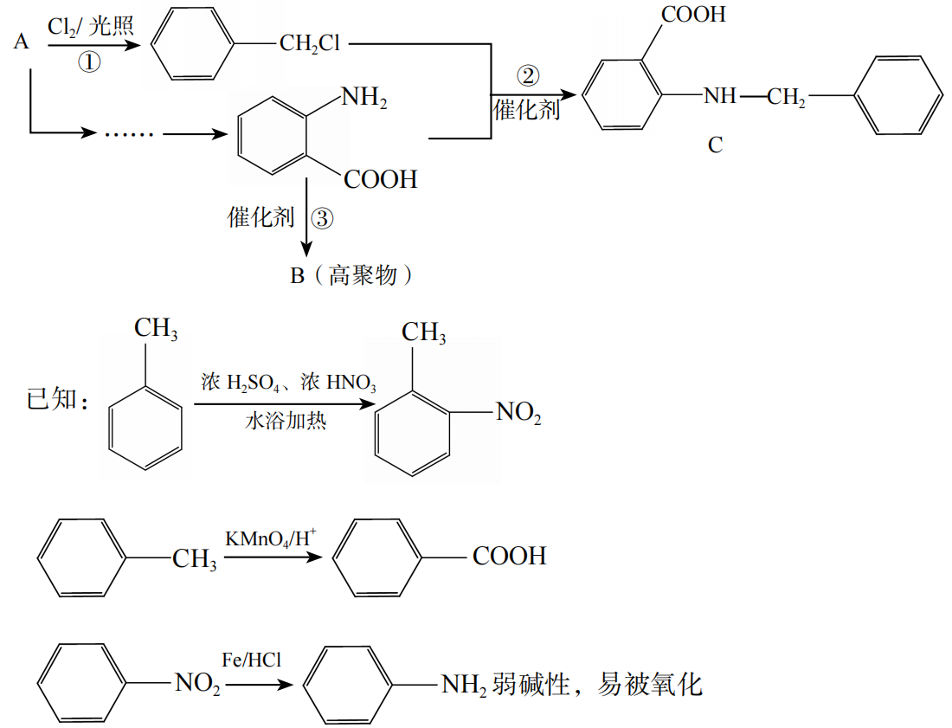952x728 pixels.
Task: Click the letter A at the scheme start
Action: (23, 41)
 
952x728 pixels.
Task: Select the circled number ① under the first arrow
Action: (90, 61)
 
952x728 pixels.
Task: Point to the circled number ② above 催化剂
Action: (528, 76)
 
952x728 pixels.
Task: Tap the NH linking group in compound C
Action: (720, 95)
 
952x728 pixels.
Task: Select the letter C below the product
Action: (715, 145)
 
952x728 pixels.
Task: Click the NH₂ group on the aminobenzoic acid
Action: (364, 97)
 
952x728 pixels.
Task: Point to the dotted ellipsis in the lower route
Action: (128, 134)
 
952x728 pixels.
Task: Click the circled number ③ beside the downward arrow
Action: (321, 218)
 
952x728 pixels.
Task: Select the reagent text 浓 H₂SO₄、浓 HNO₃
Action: (288, 382)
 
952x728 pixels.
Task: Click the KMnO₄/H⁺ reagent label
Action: (271, 538)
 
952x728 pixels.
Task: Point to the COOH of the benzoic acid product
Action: (510, 556)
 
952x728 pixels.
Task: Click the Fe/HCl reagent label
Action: (252, 660)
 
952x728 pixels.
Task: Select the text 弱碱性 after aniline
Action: (519, 685)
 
